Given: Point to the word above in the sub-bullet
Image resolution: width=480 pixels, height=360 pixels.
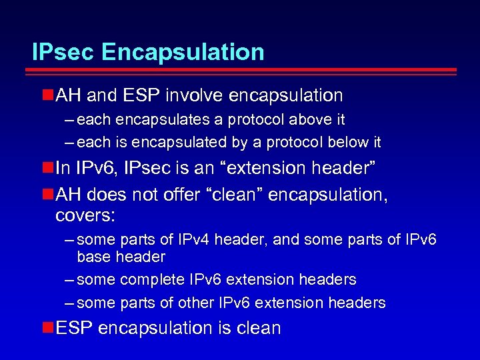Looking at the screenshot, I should tap(307, 120).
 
